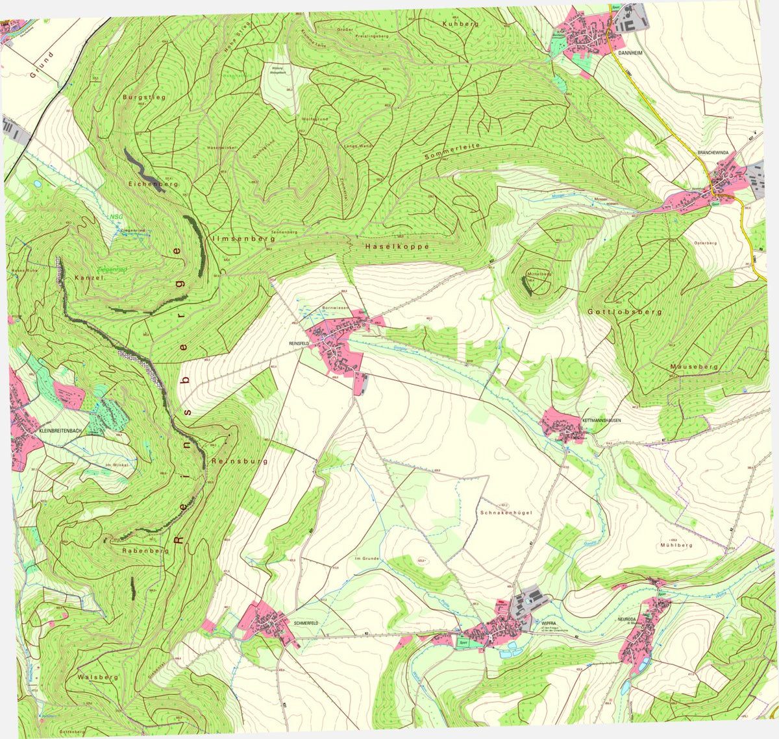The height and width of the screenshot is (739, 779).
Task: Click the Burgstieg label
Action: pos(144,97)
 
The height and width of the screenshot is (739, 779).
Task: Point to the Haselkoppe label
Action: pos(397,247)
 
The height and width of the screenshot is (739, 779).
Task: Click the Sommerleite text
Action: pos(452,152)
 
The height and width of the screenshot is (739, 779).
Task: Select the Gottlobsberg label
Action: pos(624,312)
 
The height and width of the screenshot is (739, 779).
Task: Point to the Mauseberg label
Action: pos(694,367)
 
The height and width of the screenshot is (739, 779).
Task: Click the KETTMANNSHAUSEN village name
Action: pos(602,420)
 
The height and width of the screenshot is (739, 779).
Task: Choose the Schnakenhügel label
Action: pos(506,513)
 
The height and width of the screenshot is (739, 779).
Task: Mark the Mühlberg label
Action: pos(676,546)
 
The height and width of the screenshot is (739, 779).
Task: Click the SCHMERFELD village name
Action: pos(306,623)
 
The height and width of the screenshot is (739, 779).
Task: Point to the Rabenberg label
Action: pos(145,550)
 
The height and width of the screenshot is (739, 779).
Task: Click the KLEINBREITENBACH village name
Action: pos(61,431)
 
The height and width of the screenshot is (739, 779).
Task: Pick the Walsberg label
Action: pos(98,677)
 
